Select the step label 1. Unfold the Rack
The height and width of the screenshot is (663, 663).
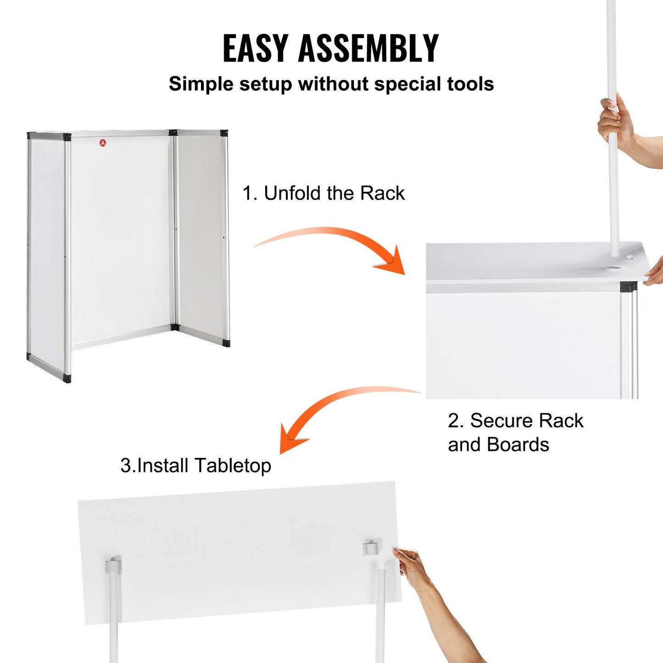(323, 193)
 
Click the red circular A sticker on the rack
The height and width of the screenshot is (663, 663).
(103, 143)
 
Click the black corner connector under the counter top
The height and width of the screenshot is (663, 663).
(628, 287)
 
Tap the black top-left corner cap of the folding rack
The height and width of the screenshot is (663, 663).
(31, 136)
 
